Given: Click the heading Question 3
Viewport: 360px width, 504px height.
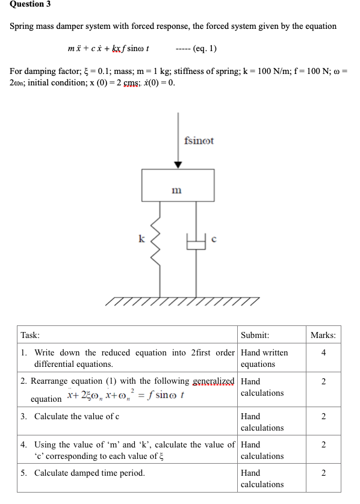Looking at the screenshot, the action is pos(30,4).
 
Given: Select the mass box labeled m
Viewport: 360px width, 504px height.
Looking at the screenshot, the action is pos(178,185).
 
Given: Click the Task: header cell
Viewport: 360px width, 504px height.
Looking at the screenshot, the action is pos(30,335).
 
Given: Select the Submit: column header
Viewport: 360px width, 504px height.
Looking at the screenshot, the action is pos(255,335).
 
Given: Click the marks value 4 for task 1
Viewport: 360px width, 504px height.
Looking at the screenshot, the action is pos(324,352).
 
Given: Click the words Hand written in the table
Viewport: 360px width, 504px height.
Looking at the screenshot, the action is pos(264,352).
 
